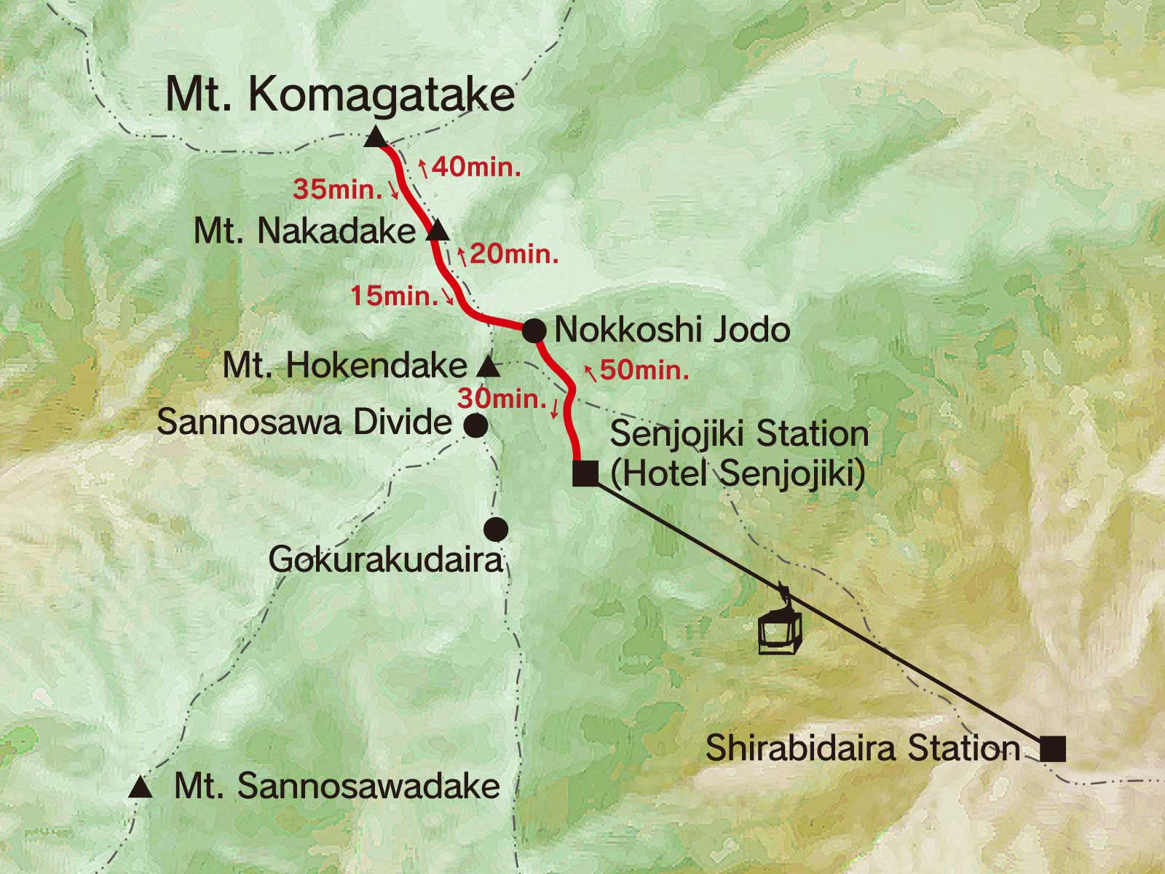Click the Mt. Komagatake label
point(340,96)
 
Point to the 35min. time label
point(338,191)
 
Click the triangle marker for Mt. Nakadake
point(437,232)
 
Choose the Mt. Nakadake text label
point(304,232)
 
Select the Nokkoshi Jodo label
point(672,330)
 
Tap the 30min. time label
point(502,399)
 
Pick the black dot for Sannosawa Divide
point(475,424)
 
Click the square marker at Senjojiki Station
point(585,473)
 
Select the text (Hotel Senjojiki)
point(738,474)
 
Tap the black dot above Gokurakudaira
point(497,528)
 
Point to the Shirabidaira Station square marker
point(1052,749)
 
